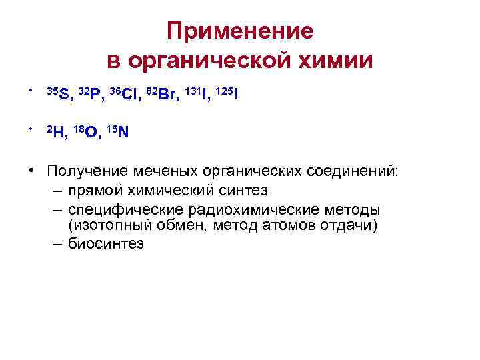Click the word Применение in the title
pos(239,31)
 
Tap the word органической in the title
pos(204,61)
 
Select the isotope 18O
pos(86,133)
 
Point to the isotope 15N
pos(117,133)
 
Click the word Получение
pos(87,173)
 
